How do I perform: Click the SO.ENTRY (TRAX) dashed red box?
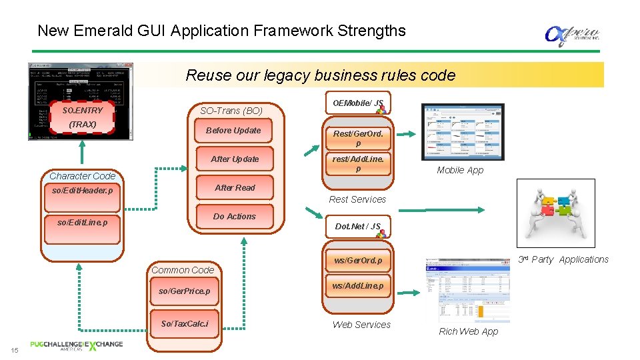[83, 117]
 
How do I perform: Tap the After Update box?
[235, 159]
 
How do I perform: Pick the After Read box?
[235, 188]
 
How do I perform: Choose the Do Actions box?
[235, 217]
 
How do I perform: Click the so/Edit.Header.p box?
[83, 191]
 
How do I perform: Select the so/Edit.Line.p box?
[83, 222]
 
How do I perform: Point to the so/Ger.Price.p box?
[184, 291]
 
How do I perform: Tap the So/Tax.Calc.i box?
[184, 324]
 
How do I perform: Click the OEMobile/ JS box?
[358, 103]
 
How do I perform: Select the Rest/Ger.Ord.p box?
[358, 138]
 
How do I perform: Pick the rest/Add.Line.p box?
[358, 164]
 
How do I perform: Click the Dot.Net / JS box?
[358, 227]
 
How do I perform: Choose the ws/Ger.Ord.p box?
[358, 260]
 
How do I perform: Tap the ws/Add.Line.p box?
[358, 286]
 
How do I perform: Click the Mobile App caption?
[460, 170]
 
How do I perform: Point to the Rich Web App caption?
[468, 331]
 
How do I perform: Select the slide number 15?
[13, 351]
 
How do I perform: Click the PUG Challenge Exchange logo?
[76, 345]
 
